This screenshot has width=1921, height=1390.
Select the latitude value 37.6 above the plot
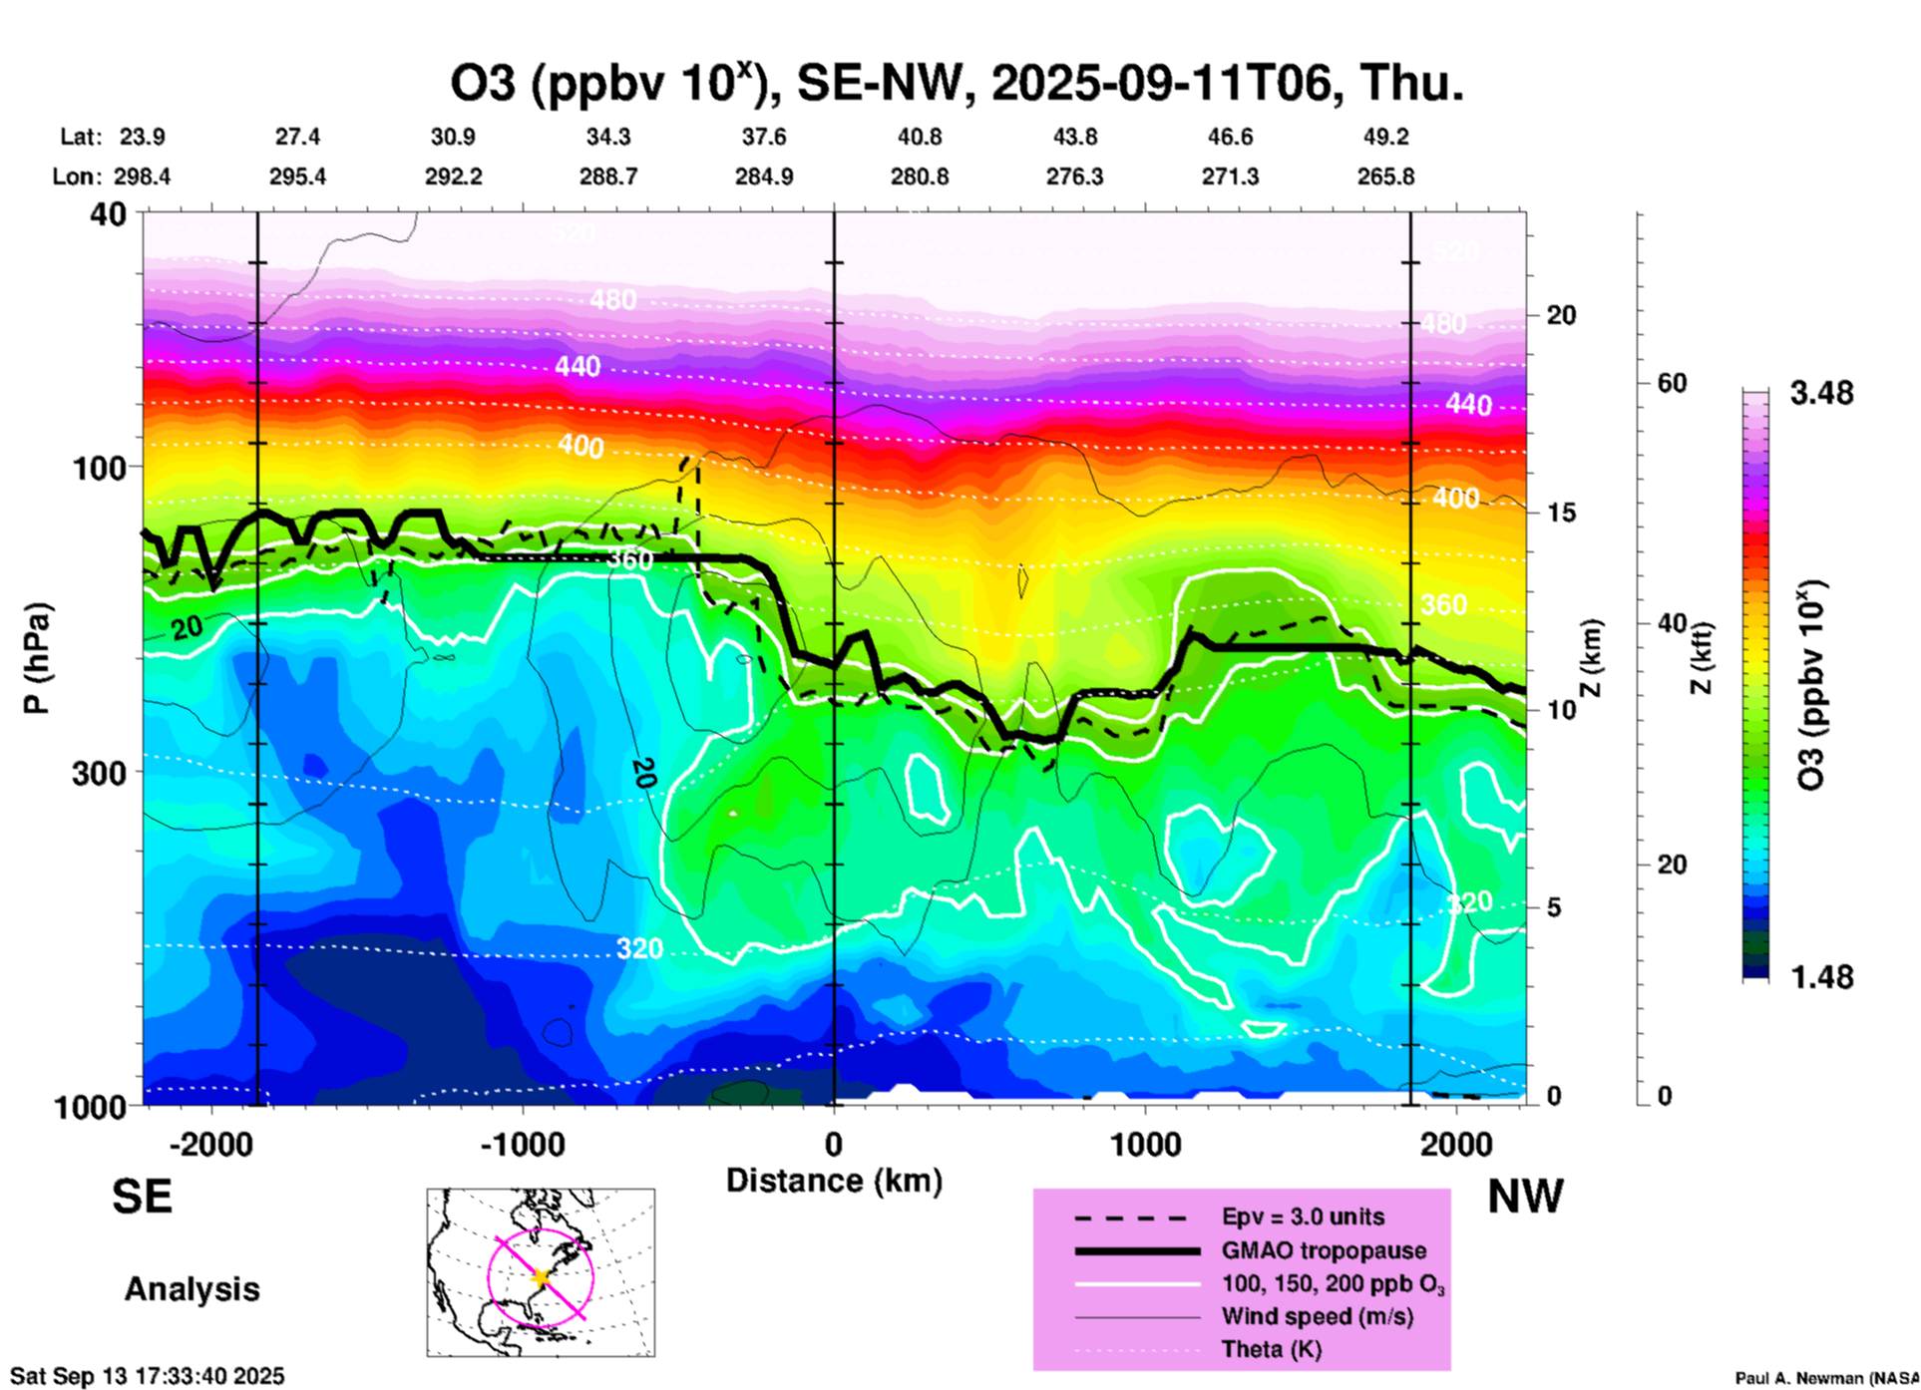764,137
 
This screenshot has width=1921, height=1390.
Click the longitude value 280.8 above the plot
920,176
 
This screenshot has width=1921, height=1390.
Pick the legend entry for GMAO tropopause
1324,1250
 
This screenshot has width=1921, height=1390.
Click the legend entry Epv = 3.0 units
1303,1216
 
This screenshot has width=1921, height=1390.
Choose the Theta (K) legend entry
1271,1349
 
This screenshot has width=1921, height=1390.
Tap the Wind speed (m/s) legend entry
1317,1316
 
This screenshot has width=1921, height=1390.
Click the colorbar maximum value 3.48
1821,394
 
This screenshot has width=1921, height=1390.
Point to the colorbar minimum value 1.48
1821,976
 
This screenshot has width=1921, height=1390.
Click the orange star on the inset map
541,1277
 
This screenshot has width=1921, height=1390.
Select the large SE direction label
142,1197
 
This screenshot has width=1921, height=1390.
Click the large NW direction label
1525,1197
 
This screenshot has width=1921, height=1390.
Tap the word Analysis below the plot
192,1289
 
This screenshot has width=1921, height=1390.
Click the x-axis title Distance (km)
834,1181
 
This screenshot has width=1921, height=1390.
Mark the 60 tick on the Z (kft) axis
1672,383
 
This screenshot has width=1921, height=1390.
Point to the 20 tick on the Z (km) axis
1561,315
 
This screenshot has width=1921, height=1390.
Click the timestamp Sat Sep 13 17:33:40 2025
148,1376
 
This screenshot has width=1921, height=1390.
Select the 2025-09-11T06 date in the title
1161,84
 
